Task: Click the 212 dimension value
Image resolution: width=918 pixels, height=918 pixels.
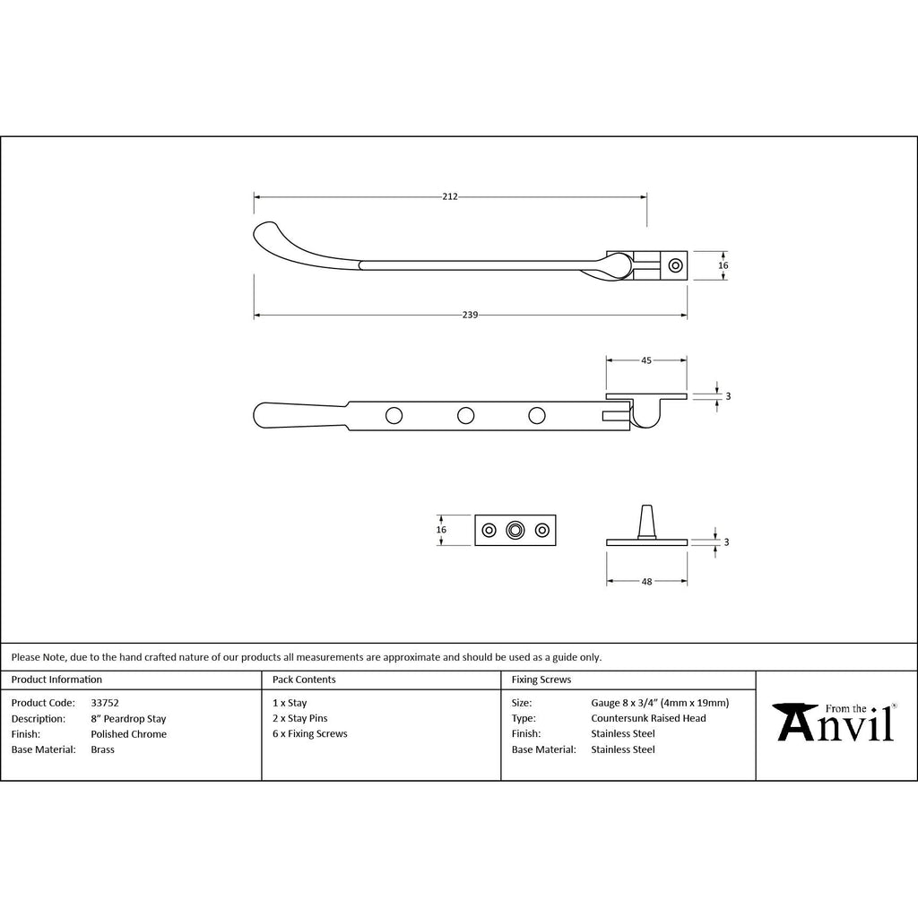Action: pyautogui.click(x=450, y=196)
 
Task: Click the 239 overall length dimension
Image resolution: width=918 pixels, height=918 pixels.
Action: pyautogui.click(x=470, y=315)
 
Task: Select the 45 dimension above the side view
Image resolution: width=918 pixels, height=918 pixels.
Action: pyautogui.click(x=646, y=360)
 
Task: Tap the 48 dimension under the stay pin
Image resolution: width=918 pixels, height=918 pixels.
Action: pyautogui.click(x=646, y=581)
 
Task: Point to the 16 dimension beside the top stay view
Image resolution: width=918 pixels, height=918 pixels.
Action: pyautogui.click(x=723, y=265)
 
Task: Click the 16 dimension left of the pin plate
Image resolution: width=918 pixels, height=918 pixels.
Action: pyautogui.click(x=441, y=530)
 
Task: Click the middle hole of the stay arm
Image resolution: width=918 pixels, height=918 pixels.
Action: pyautogui.click(x=465, y=416)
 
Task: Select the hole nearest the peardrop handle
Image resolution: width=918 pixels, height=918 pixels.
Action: pyautogui.click(x=394, y=416)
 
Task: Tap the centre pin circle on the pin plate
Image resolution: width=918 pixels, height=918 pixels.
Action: pyautogui.click(x=515, y=530)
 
